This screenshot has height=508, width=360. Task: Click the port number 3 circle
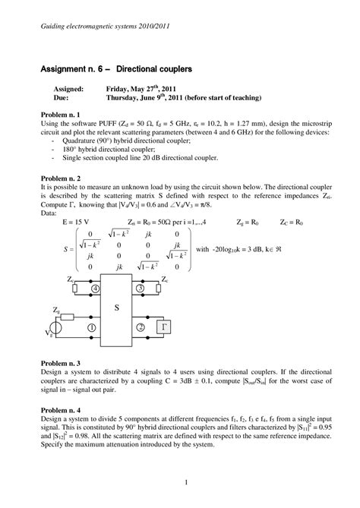[139, 289]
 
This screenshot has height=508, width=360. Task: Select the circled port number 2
[140, 327]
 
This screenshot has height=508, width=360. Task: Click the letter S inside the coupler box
[117, 308]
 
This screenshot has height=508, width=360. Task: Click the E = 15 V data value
[74, 222]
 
